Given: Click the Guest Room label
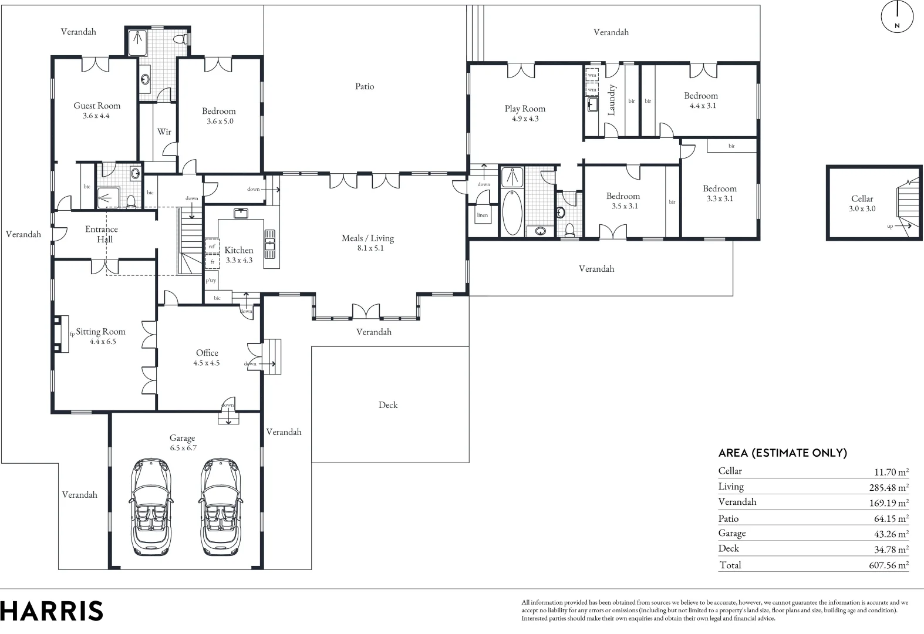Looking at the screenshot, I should tap(97, 106).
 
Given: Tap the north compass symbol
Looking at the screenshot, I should tap(898, 16).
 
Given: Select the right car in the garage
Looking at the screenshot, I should tap(221, 507).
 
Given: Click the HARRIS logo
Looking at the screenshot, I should tap(52, 611).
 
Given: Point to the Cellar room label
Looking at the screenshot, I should tap(862, 199).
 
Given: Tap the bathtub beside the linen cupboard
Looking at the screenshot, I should tap(512, 213).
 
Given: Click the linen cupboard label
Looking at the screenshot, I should tap(482, 215).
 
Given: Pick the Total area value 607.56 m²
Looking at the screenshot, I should tap(888, 565).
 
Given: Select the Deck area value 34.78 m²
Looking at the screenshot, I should tap(888, 549).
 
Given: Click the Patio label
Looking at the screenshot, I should tap(365, 86).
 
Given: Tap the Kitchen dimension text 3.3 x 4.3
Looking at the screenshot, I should tap(239, 260).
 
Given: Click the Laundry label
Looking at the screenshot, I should tap(611, 100).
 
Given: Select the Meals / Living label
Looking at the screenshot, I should tap(367, 238).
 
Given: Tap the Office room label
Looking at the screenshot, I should tap(207, 353).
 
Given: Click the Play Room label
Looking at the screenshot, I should tap(525, 109).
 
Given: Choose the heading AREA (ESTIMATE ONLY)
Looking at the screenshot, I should tap(783, 453).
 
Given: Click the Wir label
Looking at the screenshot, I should tap(164, 132).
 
